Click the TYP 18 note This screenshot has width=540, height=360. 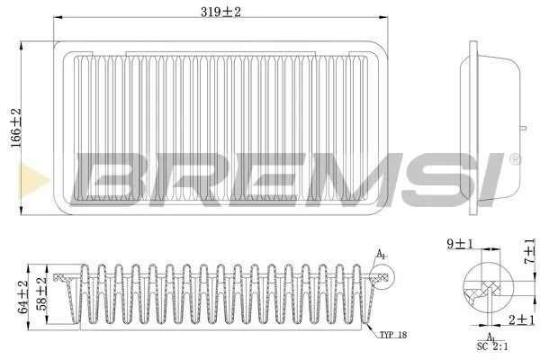coord(392,334)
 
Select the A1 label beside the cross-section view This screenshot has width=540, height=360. coord(382,255)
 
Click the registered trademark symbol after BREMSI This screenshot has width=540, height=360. coord(514,159)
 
